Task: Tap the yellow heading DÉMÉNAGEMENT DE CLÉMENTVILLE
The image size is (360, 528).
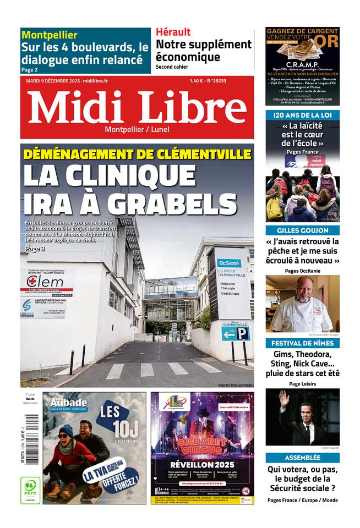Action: click(137, 154)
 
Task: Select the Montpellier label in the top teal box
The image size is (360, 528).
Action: click(50, 35)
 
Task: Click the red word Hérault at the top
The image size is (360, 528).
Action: click(173, 32)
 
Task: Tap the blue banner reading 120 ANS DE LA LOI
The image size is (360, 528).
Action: click(302, 115)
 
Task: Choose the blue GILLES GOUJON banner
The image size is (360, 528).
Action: click(302, 230)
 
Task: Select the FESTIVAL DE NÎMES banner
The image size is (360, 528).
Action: click(302, 343)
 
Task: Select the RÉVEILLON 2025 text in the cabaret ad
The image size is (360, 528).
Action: click(202, 464)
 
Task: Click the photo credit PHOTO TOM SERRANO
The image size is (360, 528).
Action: click(236, 386)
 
